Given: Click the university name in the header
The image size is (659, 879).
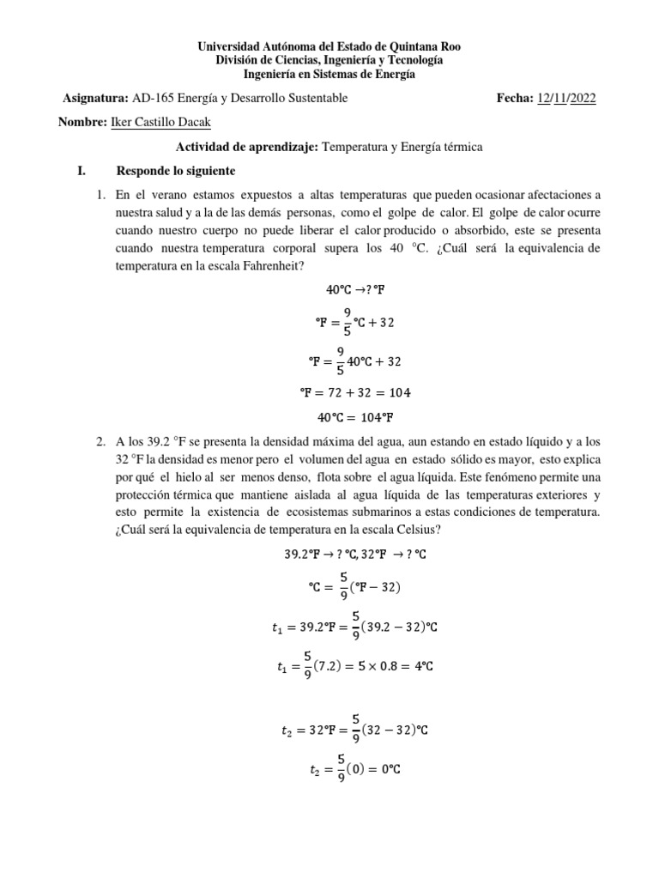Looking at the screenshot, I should tap(329, 46).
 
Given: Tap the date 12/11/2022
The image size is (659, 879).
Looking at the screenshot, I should tap(565, 99).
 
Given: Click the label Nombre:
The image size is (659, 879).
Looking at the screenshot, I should tap(84, 123).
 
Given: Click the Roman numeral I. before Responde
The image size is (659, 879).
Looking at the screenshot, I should tap(82, 171).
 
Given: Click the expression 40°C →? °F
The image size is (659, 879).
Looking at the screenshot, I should tap(355, 289).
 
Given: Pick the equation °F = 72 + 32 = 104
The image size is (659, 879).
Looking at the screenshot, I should tap(355, 393).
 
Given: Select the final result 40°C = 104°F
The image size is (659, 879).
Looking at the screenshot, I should tap(355, 418).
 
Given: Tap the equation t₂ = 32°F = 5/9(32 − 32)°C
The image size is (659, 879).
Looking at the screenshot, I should tap(355, 730).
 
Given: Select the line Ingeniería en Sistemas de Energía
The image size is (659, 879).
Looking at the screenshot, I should tap(329, 74).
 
